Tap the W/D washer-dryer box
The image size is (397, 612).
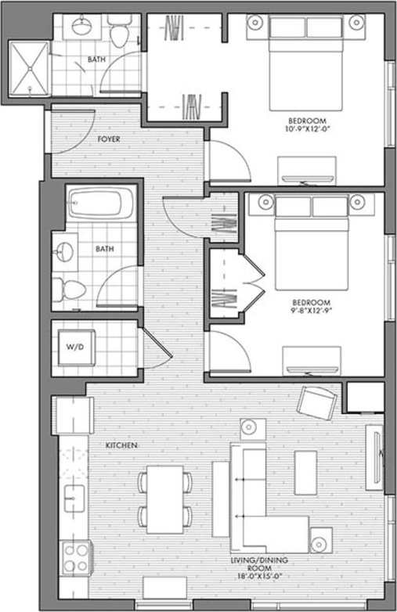click(x=78, y=346)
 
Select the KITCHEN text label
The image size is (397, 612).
click(x=121, y=445)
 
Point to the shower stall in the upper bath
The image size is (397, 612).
click(x=29, y=68)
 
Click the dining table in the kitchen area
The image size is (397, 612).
click(x=164, y=499)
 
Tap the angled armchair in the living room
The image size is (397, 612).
click(x=316, y=403)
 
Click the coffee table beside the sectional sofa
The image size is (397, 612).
click(x=305, y=472)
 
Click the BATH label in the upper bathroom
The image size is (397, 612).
click(x=97, y=59)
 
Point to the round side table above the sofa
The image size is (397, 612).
click(x=249, y=428)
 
